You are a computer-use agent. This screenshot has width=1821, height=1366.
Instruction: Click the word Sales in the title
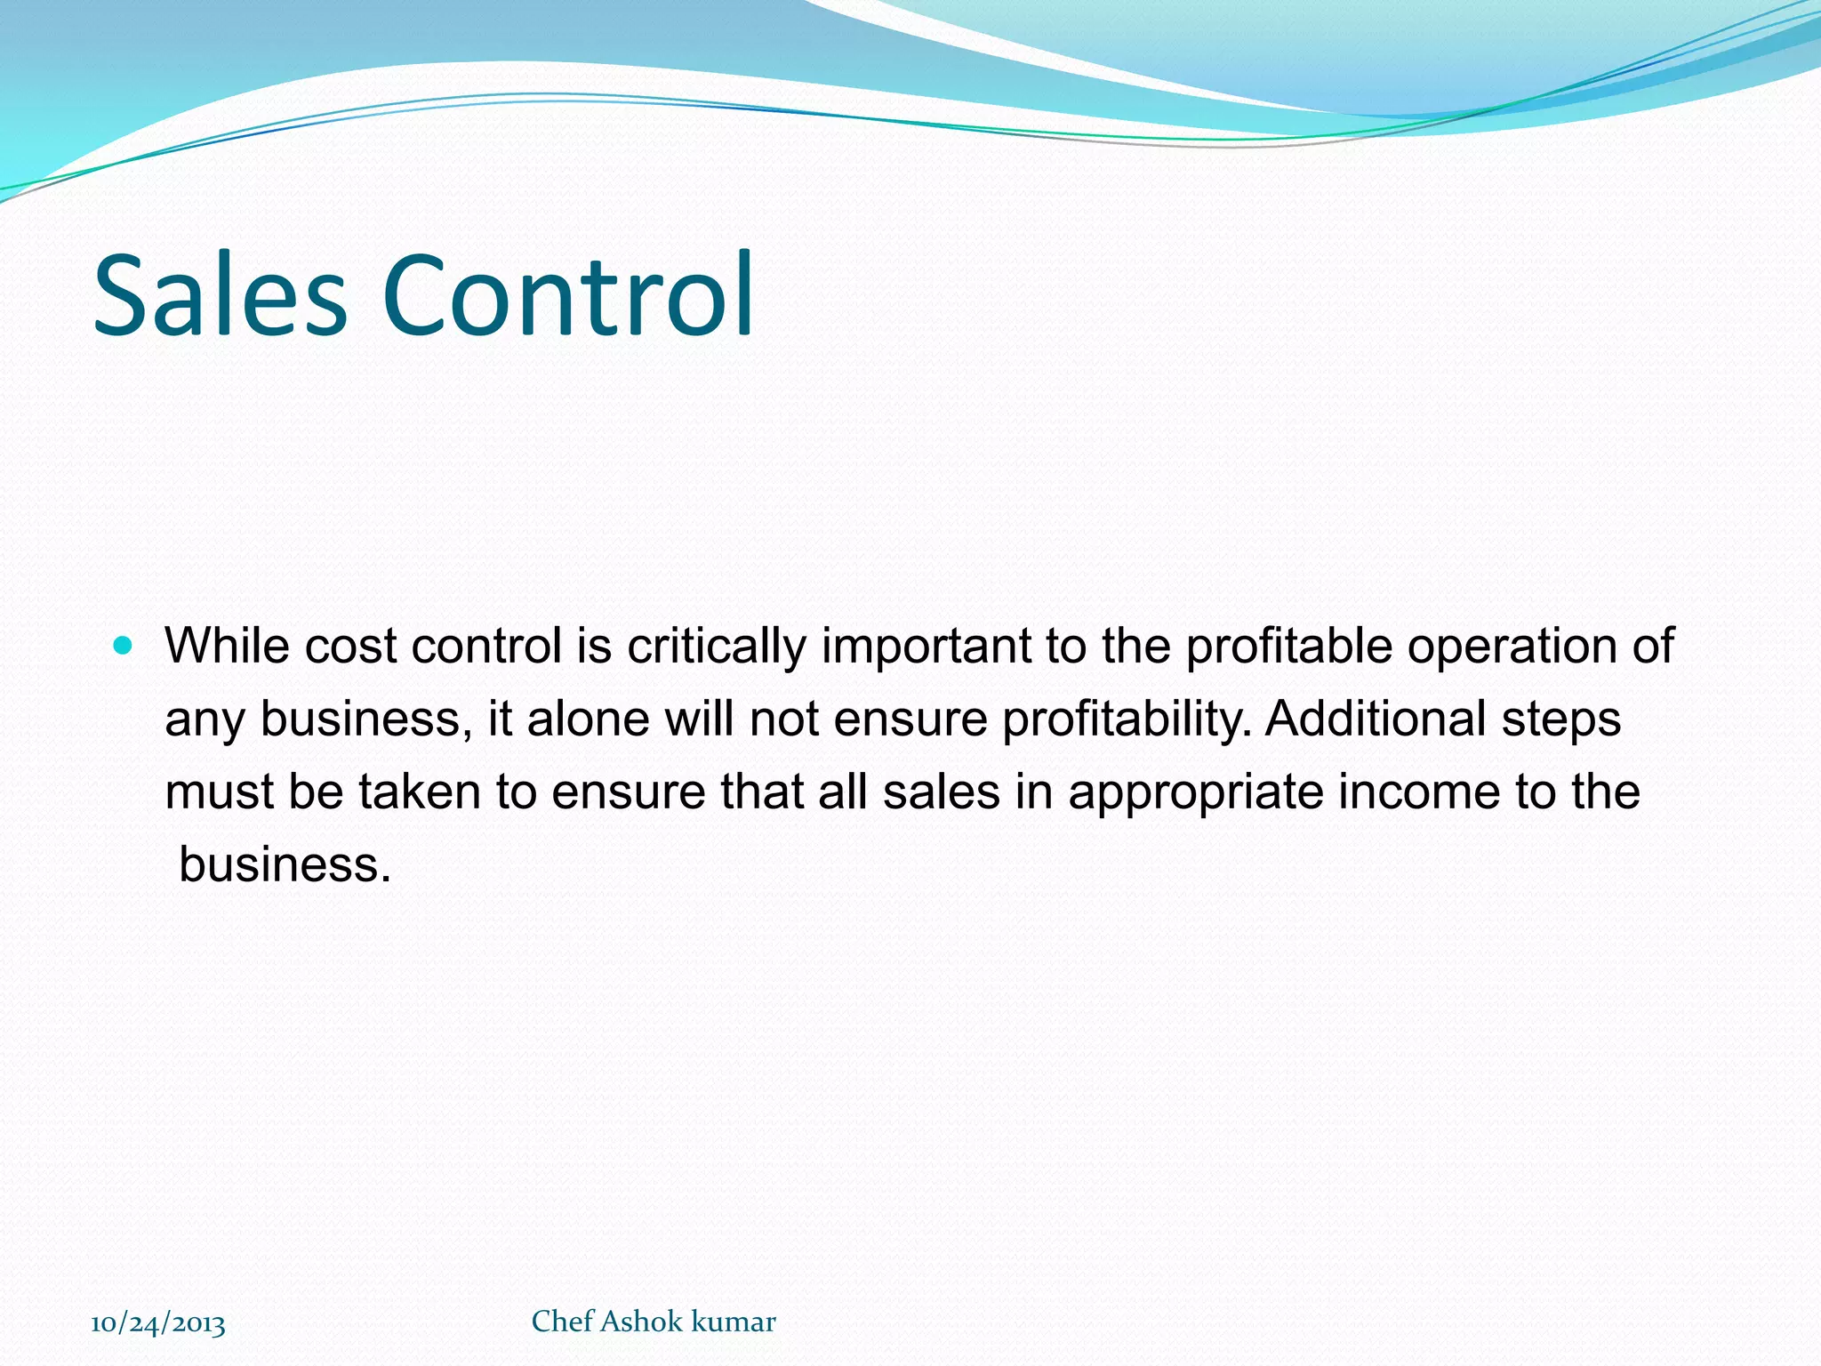click(220, 295)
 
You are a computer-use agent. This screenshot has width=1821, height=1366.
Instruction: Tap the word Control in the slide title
click(568, 295)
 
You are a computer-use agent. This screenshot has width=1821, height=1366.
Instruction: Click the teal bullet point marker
click(124, 645)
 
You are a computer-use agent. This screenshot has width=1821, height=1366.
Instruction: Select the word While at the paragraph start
click(227, 646)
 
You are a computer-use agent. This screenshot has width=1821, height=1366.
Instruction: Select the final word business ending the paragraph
click(285, 864)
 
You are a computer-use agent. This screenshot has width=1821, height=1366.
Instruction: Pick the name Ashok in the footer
click(642, 1322)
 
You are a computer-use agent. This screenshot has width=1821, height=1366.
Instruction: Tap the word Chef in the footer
click(563, 1322)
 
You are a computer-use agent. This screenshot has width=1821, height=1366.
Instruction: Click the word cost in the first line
click(351, 647)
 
